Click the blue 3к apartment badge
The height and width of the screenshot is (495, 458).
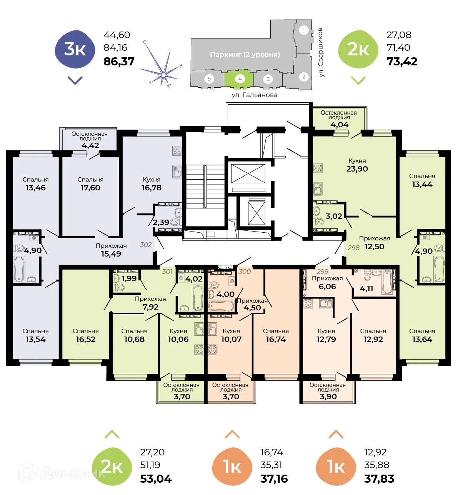75,49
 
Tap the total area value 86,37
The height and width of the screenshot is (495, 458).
119,62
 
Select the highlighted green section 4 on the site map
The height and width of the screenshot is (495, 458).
239,79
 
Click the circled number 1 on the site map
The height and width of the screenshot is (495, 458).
303,30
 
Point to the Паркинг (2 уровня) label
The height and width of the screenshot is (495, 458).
245,54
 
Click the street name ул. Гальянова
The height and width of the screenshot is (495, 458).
254,95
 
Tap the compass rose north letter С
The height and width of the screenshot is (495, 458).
145,42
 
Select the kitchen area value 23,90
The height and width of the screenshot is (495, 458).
357,169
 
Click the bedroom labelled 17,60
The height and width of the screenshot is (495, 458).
90,188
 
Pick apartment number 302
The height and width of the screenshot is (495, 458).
146,245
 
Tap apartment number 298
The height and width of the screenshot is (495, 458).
353,248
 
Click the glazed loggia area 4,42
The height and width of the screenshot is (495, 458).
90,145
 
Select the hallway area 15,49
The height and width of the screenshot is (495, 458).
111,254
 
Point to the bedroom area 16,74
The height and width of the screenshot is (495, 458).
276,339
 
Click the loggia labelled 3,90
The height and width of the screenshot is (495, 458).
328,397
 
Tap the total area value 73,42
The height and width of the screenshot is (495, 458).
402,62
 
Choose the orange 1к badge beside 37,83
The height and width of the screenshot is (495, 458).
336,467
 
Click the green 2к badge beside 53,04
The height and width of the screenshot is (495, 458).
112,467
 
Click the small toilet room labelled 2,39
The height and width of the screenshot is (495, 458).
161,222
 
